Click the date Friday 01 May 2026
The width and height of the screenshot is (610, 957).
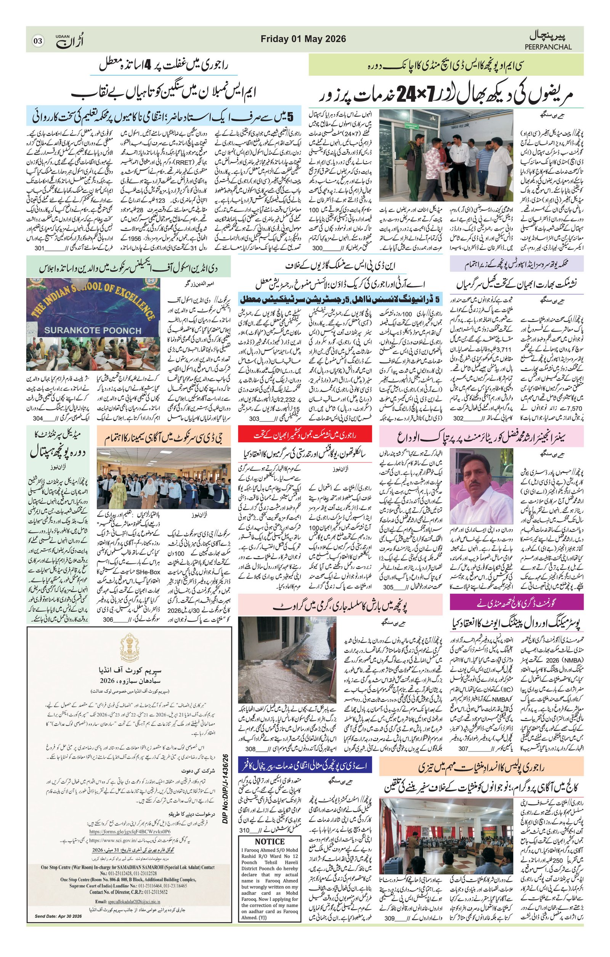click(x=303, y=39)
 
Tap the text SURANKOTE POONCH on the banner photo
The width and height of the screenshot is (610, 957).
click(x=92, y=330)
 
